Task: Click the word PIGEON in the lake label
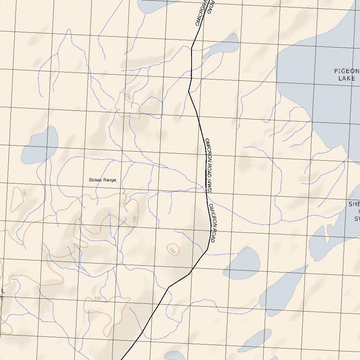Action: (x=347, y=71)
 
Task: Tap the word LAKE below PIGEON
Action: (x=347, y=78)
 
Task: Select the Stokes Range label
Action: (x=102, y=180)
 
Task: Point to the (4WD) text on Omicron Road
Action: (x=209, y=186)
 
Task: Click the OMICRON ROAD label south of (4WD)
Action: (x=212, y=223)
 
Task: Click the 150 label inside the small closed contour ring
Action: (x=172, y=250)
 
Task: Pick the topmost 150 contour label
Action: (x=128, y=97)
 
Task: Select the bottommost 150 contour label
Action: (x=98, y=298)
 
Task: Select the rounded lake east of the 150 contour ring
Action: (x=243, y=263)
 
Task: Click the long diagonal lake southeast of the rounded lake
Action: (x=281, y=292)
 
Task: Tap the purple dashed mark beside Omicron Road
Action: (x=191, y=74)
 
